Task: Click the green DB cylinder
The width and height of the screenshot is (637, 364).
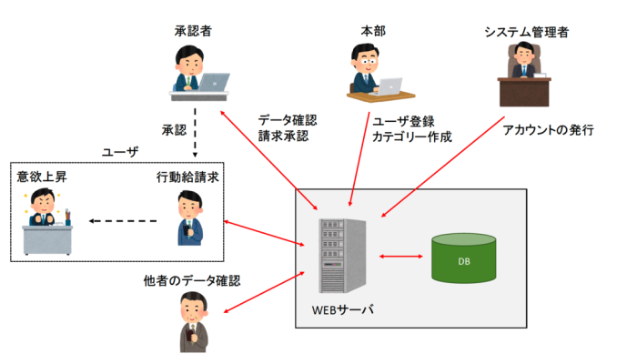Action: click(464, 258)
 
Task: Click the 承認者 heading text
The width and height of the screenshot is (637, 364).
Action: click(192, 32)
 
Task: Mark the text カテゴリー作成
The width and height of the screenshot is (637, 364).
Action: click(411, 137)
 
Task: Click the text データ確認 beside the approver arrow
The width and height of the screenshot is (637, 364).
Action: click(287, 120)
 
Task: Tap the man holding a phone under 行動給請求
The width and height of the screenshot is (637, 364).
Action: click(187, 218)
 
